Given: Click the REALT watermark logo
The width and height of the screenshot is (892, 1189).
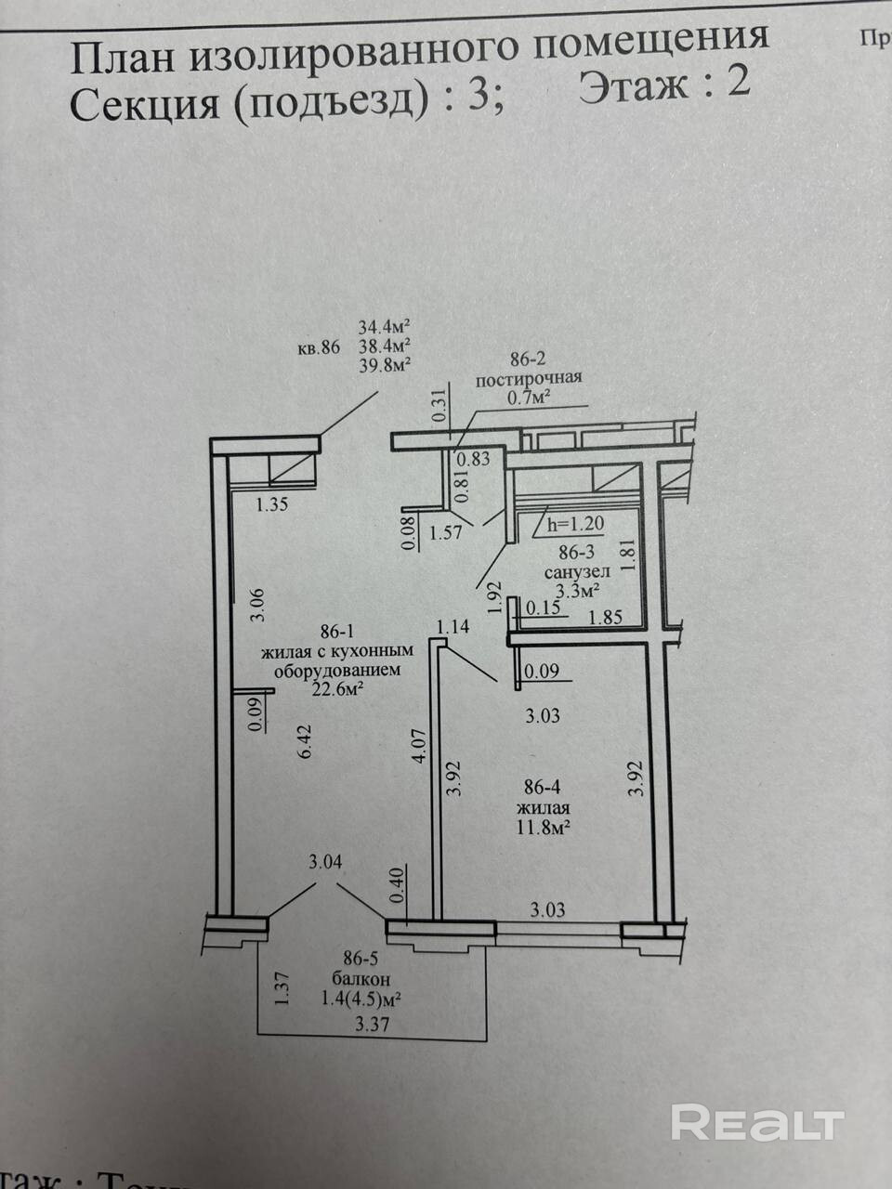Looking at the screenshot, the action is [x=756, y=1122].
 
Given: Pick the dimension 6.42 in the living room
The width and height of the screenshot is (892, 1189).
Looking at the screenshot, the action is [x=304, y=744].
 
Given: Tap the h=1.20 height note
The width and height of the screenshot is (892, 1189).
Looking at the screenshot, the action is [x=575, y=524].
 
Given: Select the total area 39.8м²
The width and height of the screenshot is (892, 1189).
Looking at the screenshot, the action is [x=385, y=365].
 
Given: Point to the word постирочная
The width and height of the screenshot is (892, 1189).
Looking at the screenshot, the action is [x=528, y=377].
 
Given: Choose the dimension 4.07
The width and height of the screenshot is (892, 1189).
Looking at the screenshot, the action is [x=419, y=745].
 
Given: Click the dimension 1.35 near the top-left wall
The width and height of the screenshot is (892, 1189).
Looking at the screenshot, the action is [x=274, y=505].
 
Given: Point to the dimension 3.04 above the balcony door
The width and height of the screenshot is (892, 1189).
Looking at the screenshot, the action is [x=325, y=862].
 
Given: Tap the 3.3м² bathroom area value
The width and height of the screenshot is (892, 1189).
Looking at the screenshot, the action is [x=576, y=590].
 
